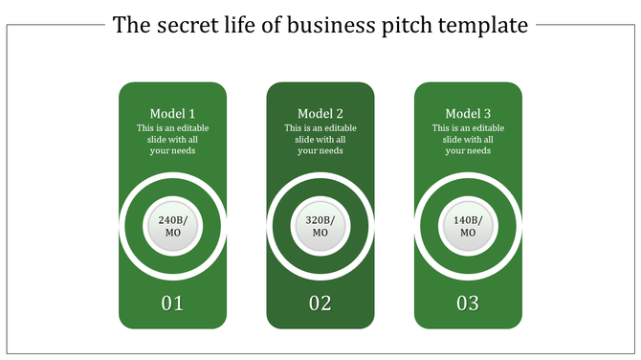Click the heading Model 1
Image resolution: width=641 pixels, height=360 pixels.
[x=172, y=113]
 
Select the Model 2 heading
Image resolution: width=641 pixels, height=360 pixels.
[x=320, y=113]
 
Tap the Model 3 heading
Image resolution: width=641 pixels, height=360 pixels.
[x=468, y=113]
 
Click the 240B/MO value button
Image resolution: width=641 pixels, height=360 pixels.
[x=172, y=227]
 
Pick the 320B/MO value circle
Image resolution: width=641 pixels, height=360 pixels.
[x=320, y=227]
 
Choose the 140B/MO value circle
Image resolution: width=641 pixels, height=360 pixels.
[x=468, y=227]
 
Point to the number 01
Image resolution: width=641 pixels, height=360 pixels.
[x=172, y=304]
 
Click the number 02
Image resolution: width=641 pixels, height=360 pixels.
[x=320, y=304]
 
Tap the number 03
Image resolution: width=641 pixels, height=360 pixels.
[x=468, y=304]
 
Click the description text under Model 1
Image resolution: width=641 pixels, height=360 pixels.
[x=172, y=139]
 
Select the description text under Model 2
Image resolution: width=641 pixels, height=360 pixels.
[x=320, y=139]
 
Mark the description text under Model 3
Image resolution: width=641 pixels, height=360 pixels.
[x=468, y=139]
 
